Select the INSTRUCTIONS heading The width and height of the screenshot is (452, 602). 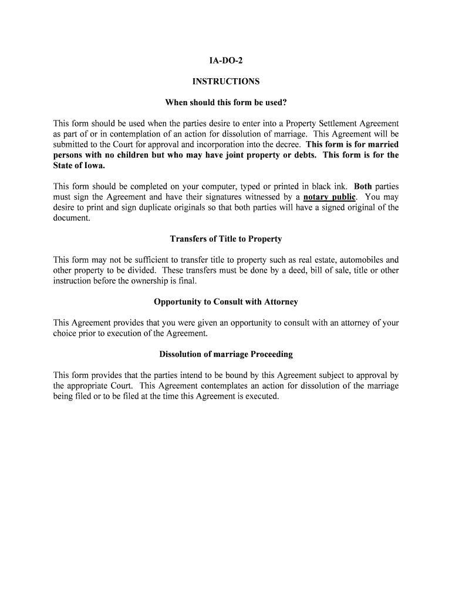tap(226, 82)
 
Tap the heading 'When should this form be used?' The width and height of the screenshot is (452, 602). tap(226, 103)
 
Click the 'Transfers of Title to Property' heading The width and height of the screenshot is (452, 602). tap(226, 239)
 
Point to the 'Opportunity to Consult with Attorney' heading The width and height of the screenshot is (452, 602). tap(226, 302)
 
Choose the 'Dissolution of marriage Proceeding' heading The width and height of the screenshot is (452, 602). tap(226, 354)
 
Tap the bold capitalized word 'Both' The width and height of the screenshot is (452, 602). tap(363, 186)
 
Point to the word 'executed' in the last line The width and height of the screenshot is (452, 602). tap(262, 396)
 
